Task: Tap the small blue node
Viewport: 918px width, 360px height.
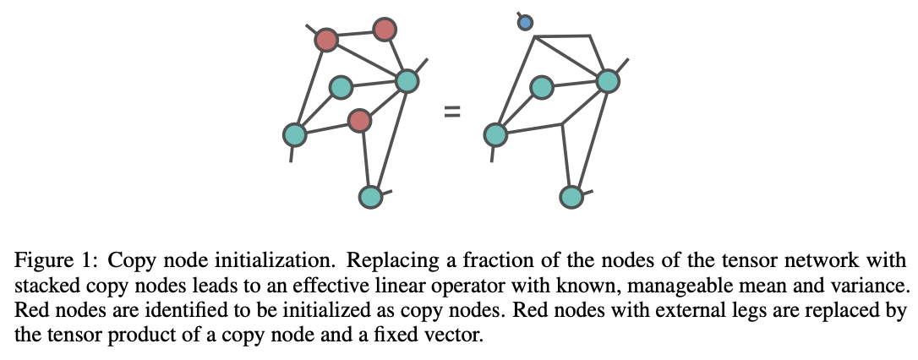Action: (x=525, y=23)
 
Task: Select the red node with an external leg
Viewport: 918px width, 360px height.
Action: (x=326, y=39)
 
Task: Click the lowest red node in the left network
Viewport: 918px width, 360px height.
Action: (x=360, y=121)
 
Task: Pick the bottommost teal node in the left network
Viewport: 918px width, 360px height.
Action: (x=370, y=197)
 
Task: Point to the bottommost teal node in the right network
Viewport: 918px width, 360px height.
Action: (x=571, y=197)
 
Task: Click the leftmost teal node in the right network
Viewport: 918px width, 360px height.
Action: (x=495, y=134)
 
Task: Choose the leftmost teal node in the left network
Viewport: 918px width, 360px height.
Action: (x=294, y=134)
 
